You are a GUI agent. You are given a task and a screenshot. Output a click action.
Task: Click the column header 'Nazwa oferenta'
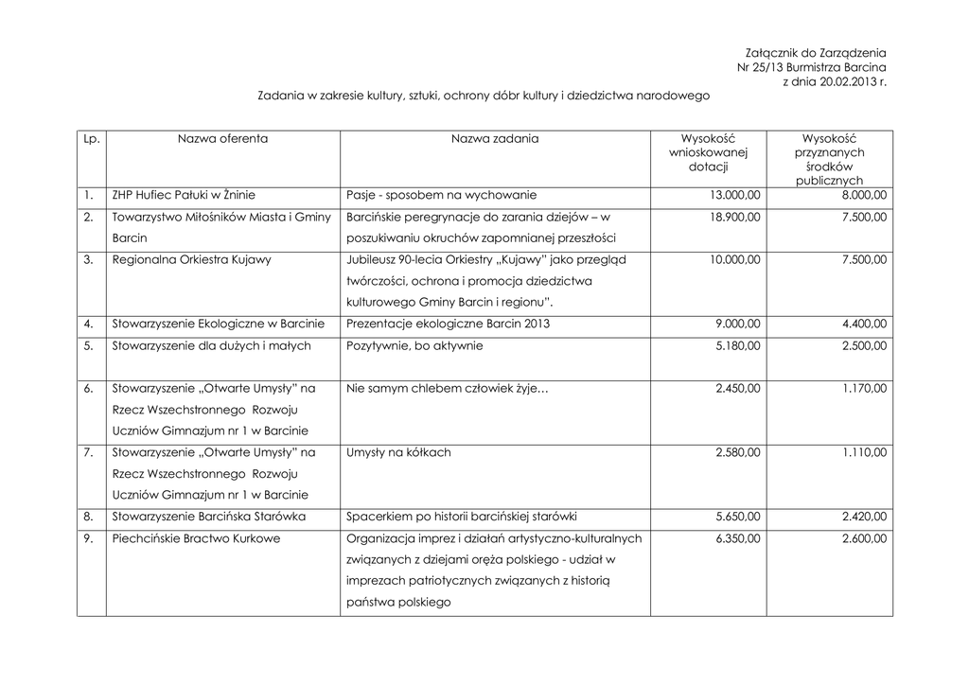tap(222, 139)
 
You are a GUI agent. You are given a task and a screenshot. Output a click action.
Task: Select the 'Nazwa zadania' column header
tap(494, 139)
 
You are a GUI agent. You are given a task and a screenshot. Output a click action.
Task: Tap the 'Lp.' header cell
tap(91, 139)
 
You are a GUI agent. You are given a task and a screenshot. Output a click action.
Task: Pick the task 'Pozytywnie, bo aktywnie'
tap(415, 346)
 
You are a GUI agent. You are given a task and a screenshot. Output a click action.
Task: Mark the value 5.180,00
tap(737, 346)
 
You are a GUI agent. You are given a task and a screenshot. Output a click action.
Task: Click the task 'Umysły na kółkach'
tap(399, 453)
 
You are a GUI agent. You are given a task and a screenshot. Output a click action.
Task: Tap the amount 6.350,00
tap(737, 539)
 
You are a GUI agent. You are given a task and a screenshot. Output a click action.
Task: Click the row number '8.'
tap(88, 518)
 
